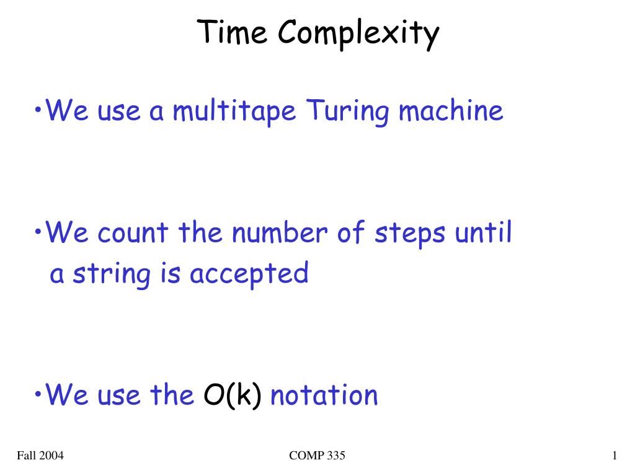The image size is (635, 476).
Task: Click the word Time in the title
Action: tap(232, 32)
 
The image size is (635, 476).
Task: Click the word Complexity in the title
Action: tap(358, 35)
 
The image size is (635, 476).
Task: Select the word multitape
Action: tap(234, 112)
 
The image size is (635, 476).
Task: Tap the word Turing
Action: tap(347, 112)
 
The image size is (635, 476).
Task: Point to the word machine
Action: tap(451, 110)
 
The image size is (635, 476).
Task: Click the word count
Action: tap(133, 233)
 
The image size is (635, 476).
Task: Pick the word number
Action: tap(280, 232)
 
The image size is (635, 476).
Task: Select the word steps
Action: tap(410, 235)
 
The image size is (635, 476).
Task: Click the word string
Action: tap(112, 275)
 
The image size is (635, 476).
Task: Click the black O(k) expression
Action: tap(232, 395)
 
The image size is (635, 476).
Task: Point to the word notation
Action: tap(324, 395)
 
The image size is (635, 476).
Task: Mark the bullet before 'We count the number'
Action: tap(38, 232)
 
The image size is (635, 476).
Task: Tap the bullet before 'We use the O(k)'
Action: tap(38, 394)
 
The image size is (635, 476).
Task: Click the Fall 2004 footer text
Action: tap(40, 456)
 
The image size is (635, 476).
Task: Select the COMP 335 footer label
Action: tap(317, 456)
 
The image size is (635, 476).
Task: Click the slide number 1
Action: tap(615, 456)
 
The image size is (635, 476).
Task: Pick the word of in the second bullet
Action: tap(351, 232)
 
